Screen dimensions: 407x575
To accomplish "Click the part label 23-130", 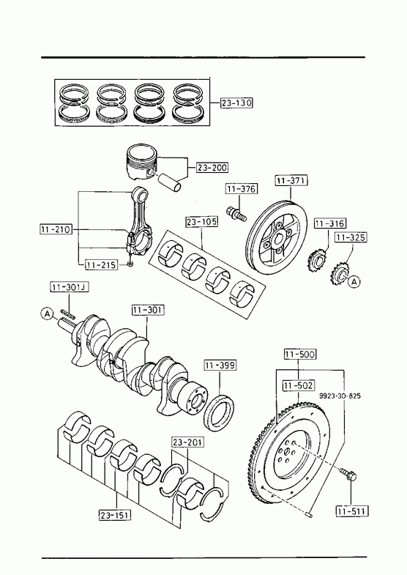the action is (x=236, y=103).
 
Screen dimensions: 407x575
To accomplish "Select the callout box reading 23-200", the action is (x=212, y=168).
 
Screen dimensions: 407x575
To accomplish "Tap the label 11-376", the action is (x=242, y=189).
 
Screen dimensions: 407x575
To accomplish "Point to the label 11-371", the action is (x=291, y=180).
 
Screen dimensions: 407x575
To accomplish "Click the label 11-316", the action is (x=330, y=223).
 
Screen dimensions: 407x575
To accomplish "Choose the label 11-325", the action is (x=351, y=237).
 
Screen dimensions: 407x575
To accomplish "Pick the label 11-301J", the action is (x=70, y=286).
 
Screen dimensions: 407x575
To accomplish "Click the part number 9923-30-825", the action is (x=340, y=396).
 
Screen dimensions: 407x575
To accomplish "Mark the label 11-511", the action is (x=352, y=511).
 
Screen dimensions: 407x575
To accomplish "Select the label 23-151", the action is (x=115, y=515).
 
